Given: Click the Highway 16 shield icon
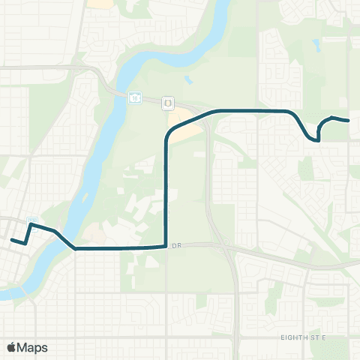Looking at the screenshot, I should (134, 97).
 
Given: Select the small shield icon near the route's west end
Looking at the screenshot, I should (31, 220).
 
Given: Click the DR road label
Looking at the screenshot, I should (177, 245).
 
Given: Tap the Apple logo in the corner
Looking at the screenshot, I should (12, 347).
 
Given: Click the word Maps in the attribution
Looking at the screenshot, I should (33, 347).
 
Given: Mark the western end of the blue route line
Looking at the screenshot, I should (11, 240).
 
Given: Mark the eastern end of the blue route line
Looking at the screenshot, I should (349, 120).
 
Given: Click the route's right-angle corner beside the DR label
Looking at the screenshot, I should (165, 245).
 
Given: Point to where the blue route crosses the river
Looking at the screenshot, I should (66, 240).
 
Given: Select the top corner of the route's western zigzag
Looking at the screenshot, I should (31, 224).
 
